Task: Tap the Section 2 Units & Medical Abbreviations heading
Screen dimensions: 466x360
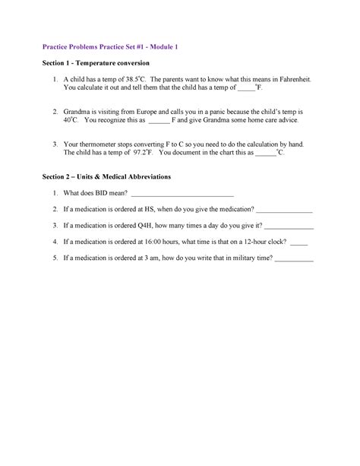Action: [106, 176]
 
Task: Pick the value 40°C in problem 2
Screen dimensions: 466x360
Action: [71, 120]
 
